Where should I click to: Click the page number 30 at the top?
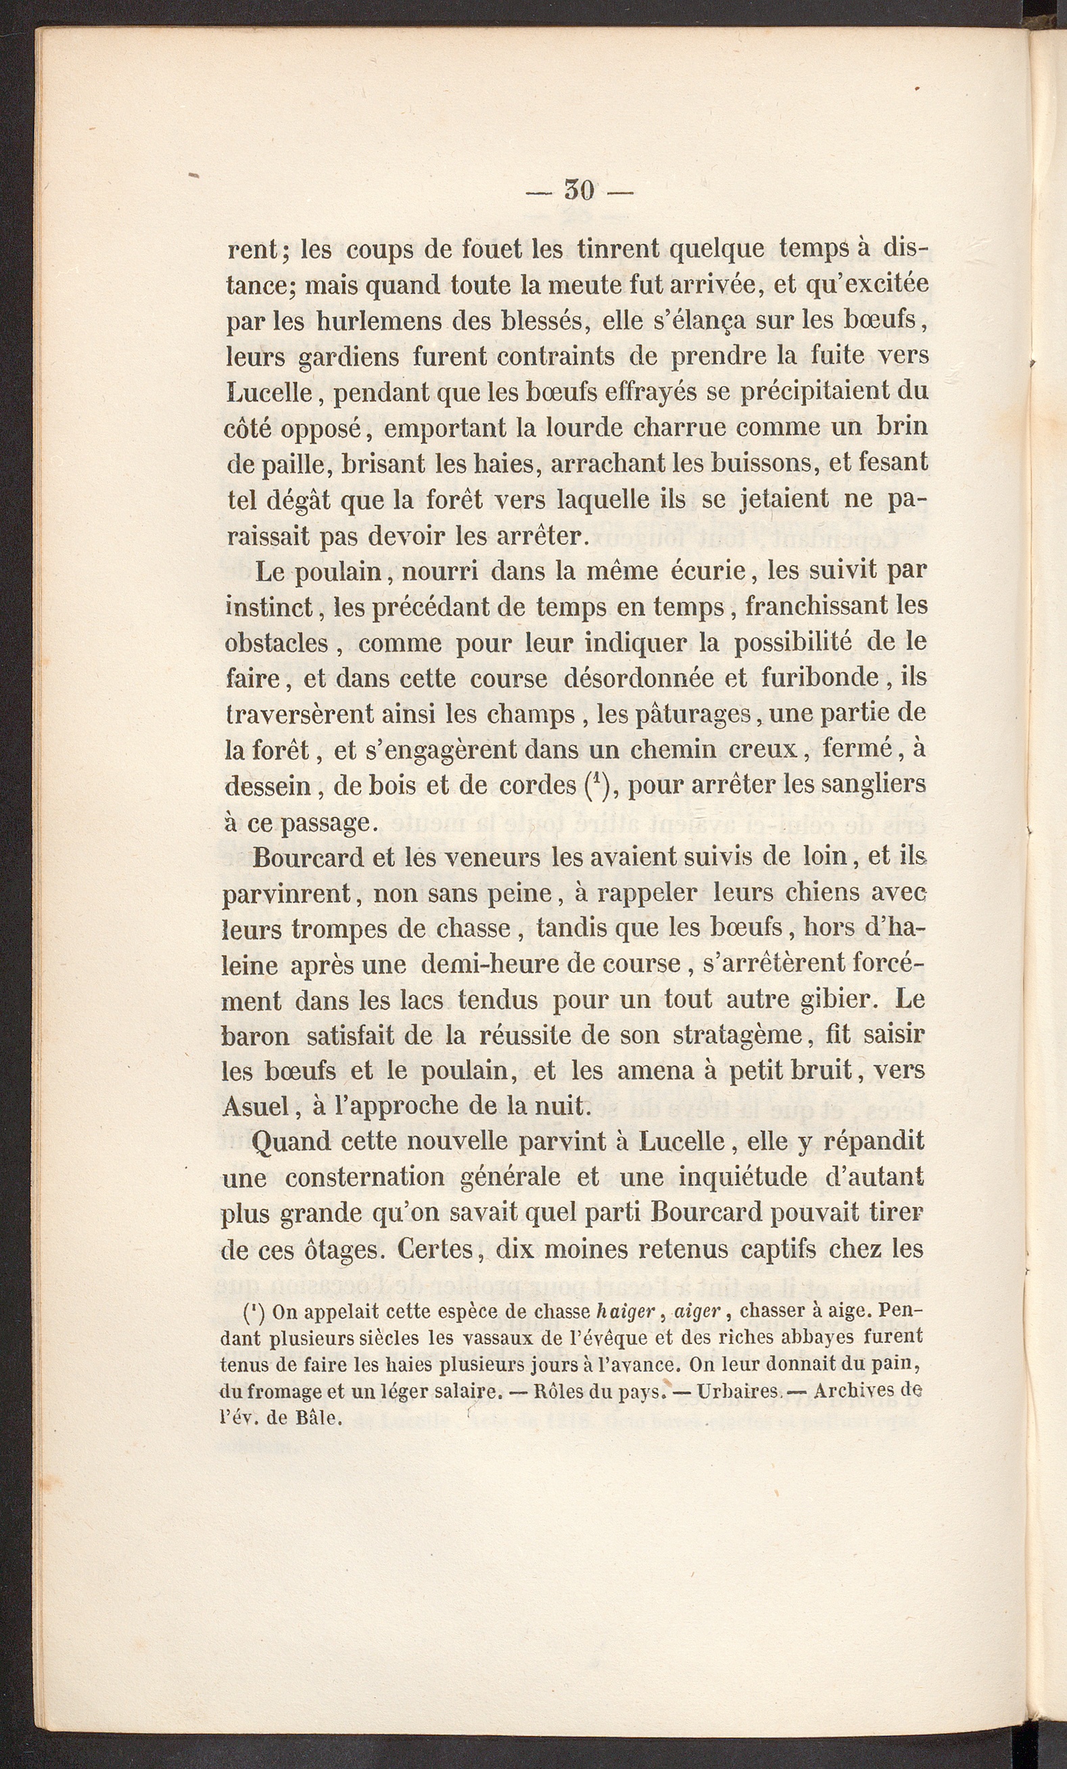point(579,190)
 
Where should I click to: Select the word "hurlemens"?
point(377,321)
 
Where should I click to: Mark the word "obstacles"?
point(277,642)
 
